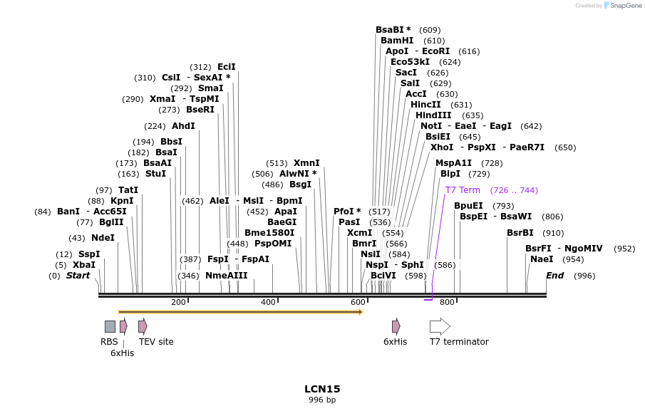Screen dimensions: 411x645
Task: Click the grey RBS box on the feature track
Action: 110,326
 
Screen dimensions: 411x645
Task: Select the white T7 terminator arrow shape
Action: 440,326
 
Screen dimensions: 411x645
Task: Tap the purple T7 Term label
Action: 463,190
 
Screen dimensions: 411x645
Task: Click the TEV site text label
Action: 156,342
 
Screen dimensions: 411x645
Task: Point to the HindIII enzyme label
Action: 433,115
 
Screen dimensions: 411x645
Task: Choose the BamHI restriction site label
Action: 397,41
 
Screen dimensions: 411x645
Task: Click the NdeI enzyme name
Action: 103,238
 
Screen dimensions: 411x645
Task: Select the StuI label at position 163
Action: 155,174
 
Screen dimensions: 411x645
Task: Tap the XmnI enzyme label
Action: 306,163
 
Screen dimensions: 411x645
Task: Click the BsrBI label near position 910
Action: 520,233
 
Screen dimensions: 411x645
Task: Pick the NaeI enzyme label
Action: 542,259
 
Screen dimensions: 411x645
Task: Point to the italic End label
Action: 554,276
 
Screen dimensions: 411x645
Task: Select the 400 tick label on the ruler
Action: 268,303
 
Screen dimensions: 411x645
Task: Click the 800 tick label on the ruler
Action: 447,303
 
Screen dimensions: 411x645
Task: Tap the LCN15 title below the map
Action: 322,389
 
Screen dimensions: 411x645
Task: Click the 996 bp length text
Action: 322,400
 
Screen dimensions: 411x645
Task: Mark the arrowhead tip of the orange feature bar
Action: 362,312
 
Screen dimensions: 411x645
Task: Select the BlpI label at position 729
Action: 450,174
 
